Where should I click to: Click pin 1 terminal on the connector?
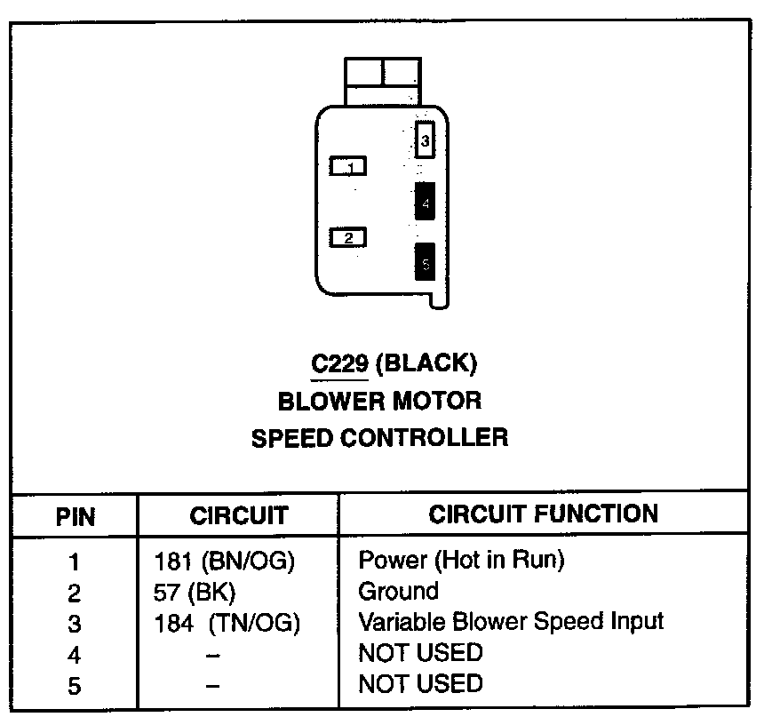(348, 166)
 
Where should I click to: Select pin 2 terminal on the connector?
(348, 238)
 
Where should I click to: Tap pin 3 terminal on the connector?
(426, 140)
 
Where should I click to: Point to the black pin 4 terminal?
(426, 202)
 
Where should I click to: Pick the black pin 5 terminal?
(426, 262)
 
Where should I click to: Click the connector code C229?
(338, 363)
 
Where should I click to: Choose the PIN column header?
(76, 516)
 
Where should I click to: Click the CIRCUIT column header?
(239, 515)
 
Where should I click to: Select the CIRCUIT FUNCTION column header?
(544, 514)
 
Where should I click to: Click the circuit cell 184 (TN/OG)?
(227, 624)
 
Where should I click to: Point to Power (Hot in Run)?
(461, 560)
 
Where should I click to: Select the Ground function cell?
(398, 591)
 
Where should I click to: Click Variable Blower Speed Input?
(511, 621)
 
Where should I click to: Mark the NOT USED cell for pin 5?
(420, 683)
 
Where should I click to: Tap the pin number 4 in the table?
(75, 655)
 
